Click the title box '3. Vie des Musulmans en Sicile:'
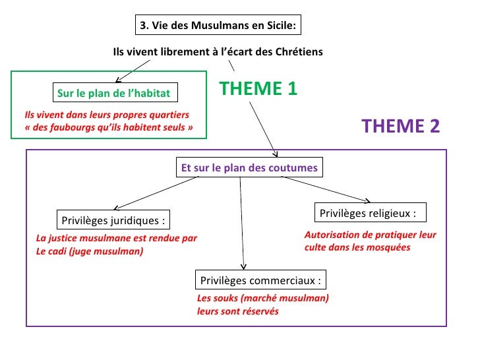(218, 26)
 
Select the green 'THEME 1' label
(258, 89)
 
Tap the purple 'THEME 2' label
(400, 126)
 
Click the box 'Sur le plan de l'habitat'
(113, 94)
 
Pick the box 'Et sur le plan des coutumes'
(249, 168)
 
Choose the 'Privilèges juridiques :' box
(113, 220)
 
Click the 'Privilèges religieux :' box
(368, 213)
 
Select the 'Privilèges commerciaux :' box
(260, 281)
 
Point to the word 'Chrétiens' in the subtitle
(300, 51)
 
